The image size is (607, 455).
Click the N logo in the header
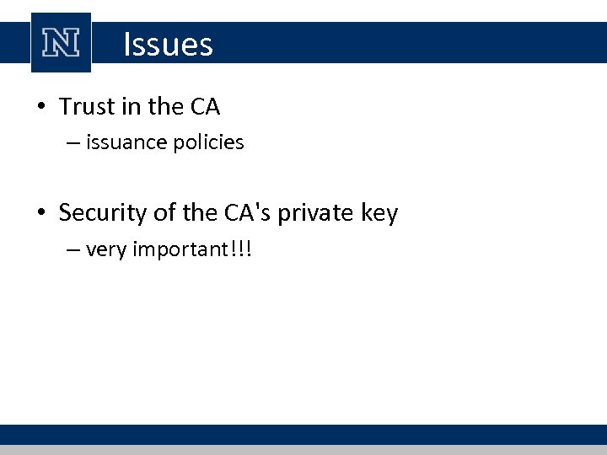pos(61,44)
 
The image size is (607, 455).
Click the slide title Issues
pos(168,44)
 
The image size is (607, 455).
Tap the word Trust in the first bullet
pos(84,107)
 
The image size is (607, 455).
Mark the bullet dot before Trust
pos(41,108)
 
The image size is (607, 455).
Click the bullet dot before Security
pos(41,214)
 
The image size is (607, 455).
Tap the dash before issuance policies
pos(71,143)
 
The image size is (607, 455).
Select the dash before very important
pos(71,250)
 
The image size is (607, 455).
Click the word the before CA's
pos(199,213)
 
